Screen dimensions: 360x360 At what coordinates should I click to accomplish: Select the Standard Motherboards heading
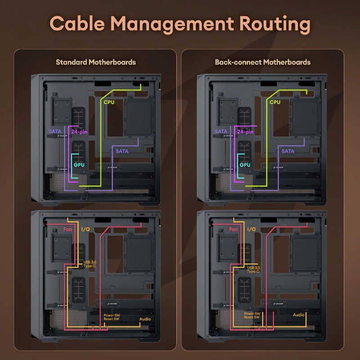coord(95,62)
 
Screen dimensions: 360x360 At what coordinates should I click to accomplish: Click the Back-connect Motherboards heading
coord(263,62)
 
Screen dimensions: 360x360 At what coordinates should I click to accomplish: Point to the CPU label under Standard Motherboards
coord(109,102)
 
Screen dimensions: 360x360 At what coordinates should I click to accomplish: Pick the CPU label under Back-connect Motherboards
coord(275,102)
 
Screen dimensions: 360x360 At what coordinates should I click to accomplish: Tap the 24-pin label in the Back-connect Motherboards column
coord(245,132)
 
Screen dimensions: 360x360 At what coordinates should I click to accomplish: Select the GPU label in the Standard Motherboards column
coord(79,165)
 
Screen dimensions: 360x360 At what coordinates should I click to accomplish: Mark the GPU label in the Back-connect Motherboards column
coord(245,165)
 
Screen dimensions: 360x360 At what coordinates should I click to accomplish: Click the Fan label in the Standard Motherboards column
coord(67,229)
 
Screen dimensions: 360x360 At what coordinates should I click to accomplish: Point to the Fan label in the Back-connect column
coord(234,229)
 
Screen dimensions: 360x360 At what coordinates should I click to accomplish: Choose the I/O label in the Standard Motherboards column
coord(85,229)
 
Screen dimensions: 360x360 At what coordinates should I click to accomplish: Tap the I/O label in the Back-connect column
coord(252,229)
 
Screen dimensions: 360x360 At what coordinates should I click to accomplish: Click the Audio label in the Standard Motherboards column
coord(145,319)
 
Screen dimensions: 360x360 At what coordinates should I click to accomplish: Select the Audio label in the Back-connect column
coord(299,315)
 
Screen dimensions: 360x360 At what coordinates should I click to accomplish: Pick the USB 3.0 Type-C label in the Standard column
coord(90,264)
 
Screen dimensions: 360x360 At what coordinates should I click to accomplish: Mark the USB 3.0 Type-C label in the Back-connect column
coord(254,269)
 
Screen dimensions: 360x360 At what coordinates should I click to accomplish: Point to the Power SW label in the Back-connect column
coord(252,314)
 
